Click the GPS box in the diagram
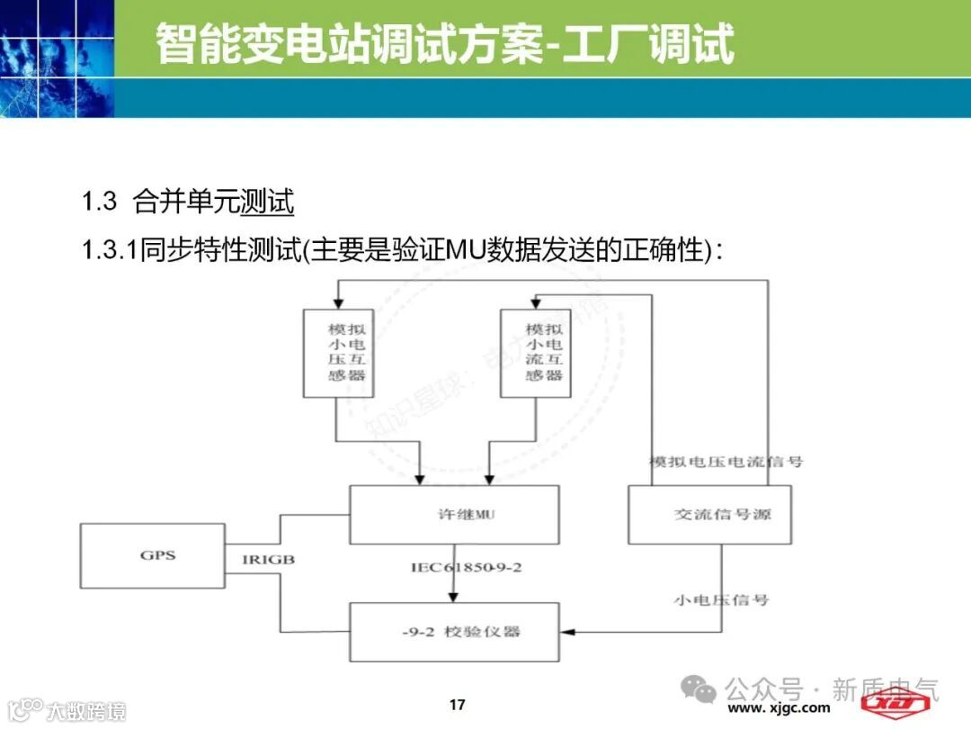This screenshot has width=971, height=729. pyautogui.click(x=152, y=555)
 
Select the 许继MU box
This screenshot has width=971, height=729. pyautogui.click(x=453, y=515)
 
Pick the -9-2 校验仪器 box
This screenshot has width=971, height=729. pyautogui.click(x=453, y=632)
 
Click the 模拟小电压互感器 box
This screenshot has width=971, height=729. pyautogui.click(x=338, y=353)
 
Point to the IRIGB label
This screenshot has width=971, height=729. pyautogui.click(x=268, y=559)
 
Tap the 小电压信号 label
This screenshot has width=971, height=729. pyautogui.click(x=722, y=598)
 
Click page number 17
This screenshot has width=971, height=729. pyautogui.click(x=457, y=704)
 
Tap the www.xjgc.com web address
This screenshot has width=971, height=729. pyautogui.click(x=779, y=708)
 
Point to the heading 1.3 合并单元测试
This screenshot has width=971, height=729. pyautogui.click(x=188, y=202)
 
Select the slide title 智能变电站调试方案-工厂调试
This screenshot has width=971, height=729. pyautogui.click(x=445, y=43)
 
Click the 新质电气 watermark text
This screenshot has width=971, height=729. pyautogui.click(x=885, y=689)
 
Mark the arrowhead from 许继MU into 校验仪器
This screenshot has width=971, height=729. pyautogui.click(x=453, y=597)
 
